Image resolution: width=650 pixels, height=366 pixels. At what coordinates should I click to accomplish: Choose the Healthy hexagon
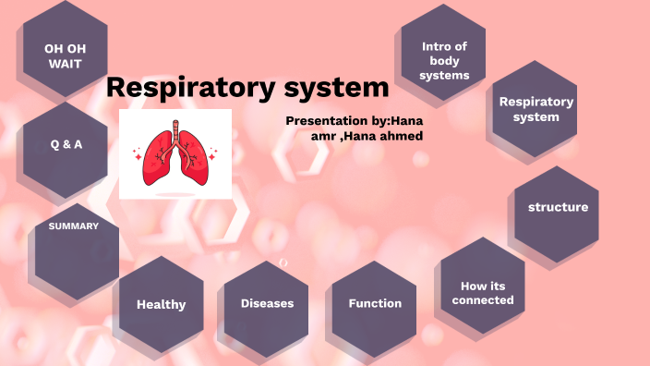click(162, 304)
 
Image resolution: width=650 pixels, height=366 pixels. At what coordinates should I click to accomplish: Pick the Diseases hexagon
click(267, 303)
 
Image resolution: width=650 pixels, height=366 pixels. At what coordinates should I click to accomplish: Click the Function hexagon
click(375, 303)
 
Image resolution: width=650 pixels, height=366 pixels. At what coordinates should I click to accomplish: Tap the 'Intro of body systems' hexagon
click(445, 60)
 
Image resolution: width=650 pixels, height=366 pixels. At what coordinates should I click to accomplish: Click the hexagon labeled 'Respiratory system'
click(536, 109)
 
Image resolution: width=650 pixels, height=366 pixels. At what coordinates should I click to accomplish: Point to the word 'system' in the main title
click(337, 89)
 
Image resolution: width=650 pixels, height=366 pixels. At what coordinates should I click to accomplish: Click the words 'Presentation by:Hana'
click(355, 121)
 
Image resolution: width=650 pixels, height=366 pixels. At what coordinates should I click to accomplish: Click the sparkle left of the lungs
click(138, 155)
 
